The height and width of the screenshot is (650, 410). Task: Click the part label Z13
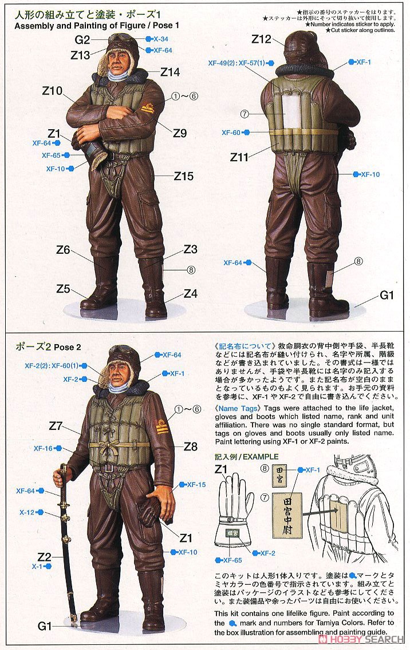point(80,55)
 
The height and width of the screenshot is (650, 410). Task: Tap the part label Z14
point(170,72)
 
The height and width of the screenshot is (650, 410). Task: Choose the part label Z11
point(241,156)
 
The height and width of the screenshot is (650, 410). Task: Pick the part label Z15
point(184,176)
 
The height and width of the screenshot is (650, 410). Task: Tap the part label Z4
point(191,294)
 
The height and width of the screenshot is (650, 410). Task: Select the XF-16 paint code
point(44,449)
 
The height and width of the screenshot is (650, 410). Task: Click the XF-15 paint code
point(196,484)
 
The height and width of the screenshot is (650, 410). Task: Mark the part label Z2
point(45,556)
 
